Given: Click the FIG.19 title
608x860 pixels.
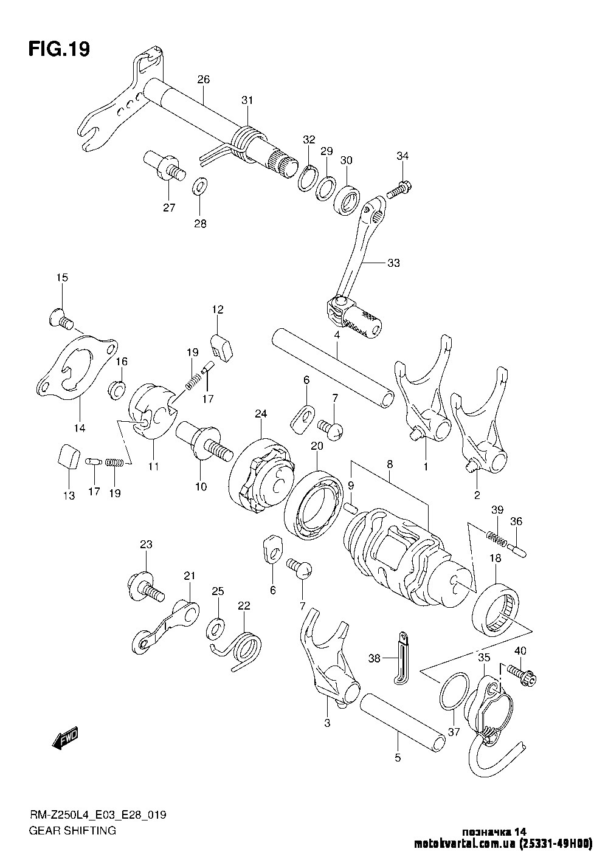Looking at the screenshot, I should click(59, 49).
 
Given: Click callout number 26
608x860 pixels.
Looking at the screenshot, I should click(203, 79).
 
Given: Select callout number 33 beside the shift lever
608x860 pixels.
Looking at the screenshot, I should click(393, 263).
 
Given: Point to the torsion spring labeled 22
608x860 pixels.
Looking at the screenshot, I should click(244, 647).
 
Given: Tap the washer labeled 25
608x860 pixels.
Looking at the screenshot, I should click(215, 629).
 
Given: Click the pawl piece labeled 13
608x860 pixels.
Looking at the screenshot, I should click(67, 457).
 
